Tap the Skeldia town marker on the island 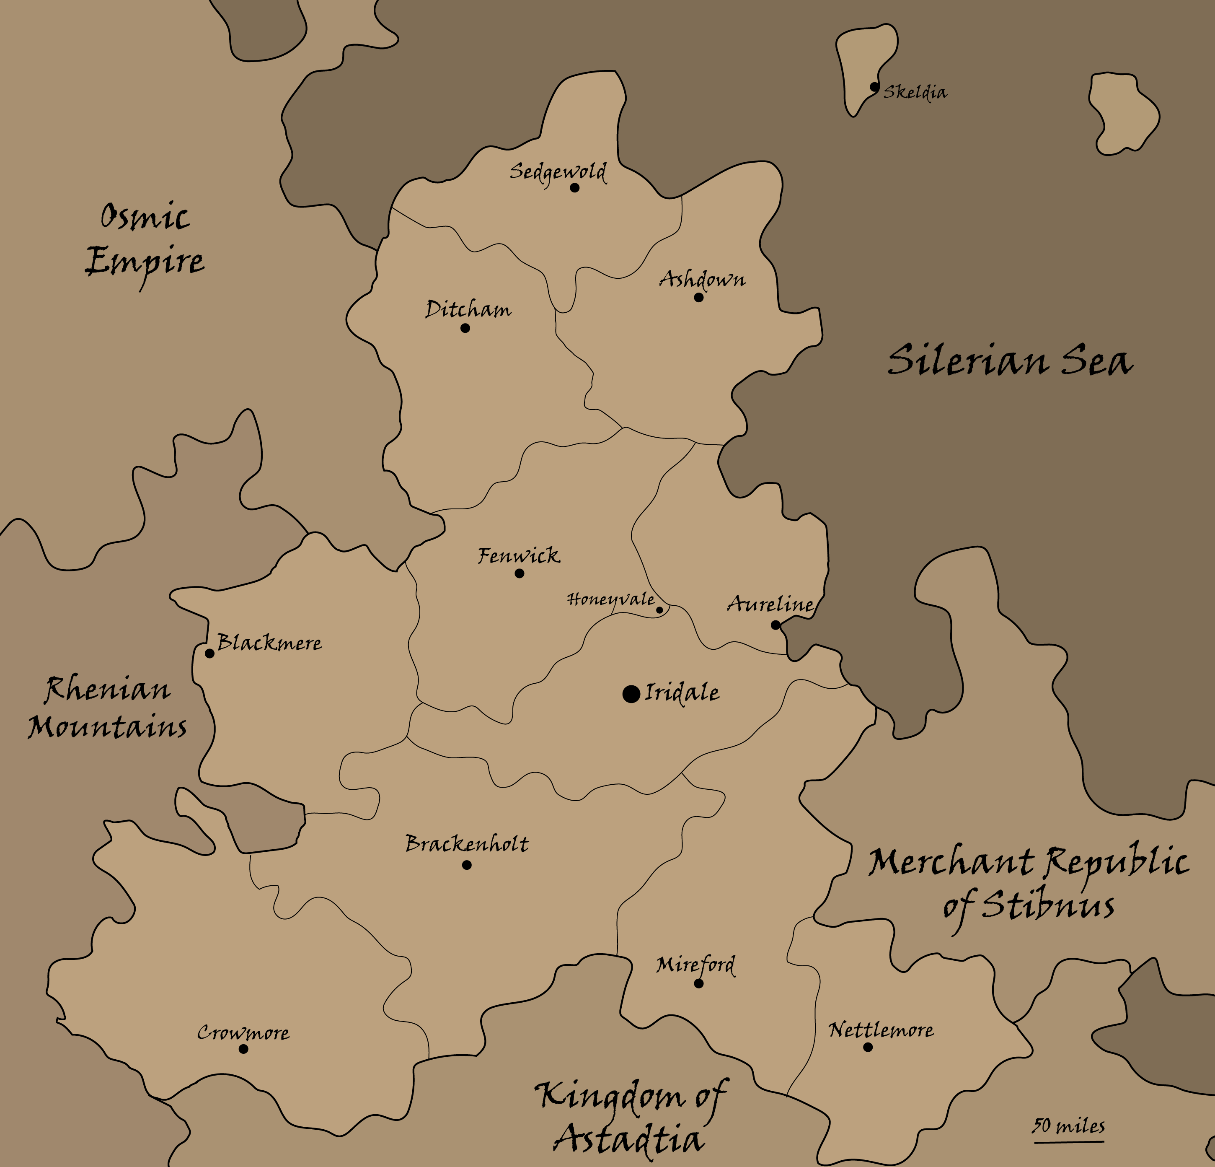point(874,87)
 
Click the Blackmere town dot point(209,653)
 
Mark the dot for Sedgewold point(575,187)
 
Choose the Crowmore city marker point(243,1048)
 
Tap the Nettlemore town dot point(868,1047)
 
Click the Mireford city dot point(699,983)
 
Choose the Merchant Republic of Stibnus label point(1029,884)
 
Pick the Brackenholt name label point(467,844)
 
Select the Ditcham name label point(468,309)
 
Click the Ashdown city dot point(699,297)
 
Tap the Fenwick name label point(518,555)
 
